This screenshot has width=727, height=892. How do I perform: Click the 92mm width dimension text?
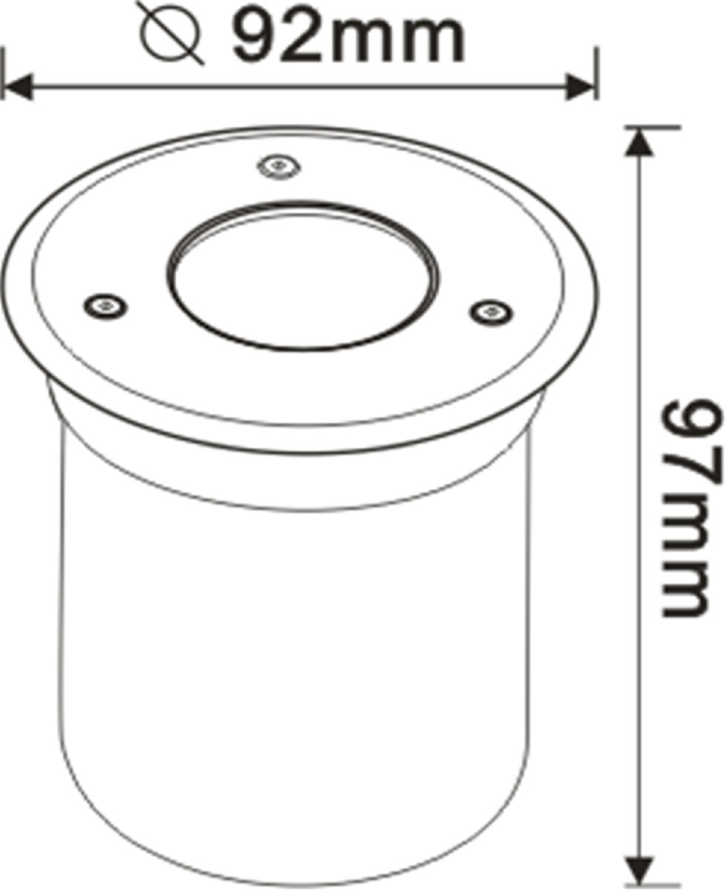tap(346, 34)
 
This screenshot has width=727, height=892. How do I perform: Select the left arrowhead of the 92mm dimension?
tap(16, 87)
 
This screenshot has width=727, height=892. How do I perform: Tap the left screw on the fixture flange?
tap(104, 305)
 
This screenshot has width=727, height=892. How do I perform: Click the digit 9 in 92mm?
tap(255, 34)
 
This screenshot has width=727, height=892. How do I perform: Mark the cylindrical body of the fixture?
tap(297, 654)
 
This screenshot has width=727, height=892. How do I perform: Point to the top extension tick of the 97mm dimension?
tap(653, 127)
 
